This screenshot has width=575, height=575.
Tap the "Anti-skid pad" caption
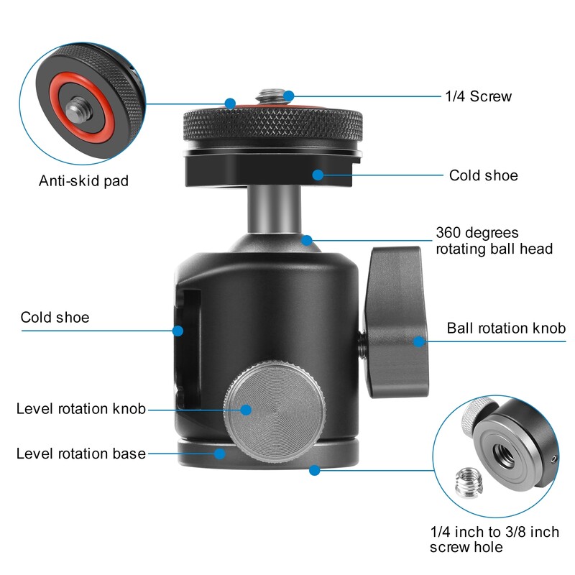[83, 181]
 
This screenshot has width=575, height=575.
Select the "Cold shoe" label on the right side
[483, 175]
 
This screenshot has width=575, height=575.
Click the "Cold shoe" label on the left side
[55, 317]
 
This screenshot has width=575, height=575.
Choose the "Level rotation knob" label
[81, 409]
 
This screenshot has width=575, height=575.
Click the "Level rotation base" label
[81, 454]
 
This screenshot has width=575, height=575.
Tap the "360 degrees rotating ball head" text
[494, 241]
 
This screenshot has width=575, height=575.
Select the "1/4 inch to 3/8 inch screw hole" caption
[494, 540]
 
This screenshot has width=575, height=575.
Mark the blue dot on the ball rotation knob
[418, 341]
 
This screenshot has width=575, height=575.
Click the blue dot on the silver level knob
[246, 409]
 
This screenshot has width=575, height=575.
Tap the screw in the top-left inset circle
[76, 110]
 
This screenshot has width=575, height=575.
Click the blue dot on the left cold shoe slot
[178, 331]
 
